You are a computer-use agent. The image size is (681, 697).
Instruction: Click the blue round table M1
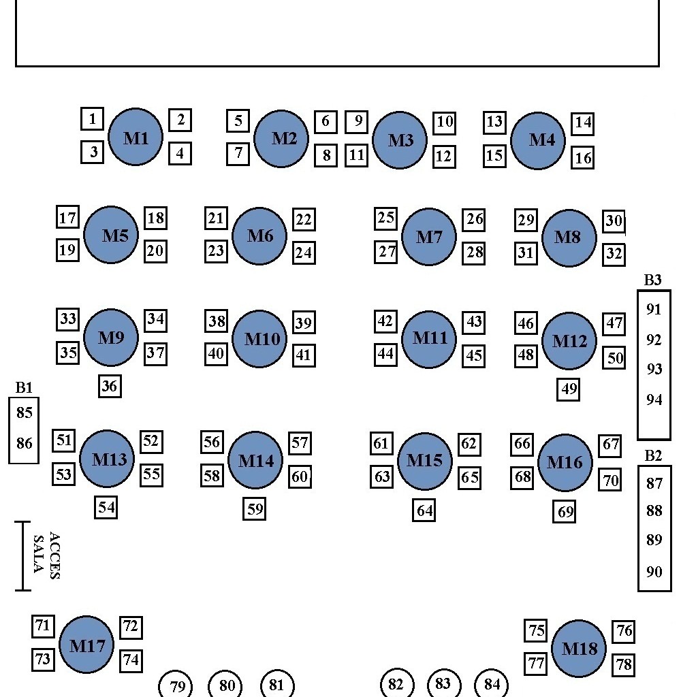tap(136, 137)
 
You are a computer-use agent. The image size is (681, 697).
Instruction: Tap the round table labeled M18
tap(579, 649)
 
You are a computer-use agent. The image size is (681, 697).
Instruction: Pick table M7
tap(429, 237)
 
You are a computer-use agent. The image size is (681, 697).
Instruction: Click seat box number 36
tap(109, 387)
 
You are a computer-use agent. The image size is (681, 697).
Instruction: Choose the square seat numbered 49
tap(569, 389)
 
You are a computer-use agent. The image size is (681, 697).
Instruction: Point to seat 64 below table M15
tap(424, 510)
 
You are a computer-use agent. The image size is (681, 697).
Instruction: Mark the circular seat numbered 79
tap(176, 685)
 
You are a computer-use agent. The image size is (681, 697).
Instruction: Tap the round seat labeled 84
tap(492, 684)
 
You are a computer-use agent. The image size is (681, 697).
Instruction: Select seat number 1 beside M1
tap(92, 119)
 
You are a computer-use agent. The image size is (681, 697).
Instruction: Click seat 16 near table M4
tap(582, 158)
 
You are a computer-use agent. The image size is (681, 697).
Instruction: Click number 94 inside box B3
tap(654, 400)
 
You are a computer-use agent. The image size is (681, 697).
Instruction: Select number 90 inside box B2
tap(654, 572)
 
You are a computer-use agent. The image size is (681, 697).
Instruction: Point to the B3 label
tap(652, 280)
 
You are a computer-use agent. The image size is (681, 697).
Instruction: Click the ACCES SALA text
tap(46, 555)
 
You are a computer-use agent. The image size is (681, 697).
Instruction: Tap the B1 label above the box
tap(24, 388)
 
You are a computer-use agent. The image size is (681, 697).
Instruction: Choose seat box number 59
tap(254, 508)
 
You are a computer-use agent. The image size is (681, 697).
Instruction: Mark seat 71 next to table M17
tap(43, 626)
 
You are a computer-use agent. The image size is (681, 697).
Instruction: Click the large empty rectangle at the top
tap(337, 33)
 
